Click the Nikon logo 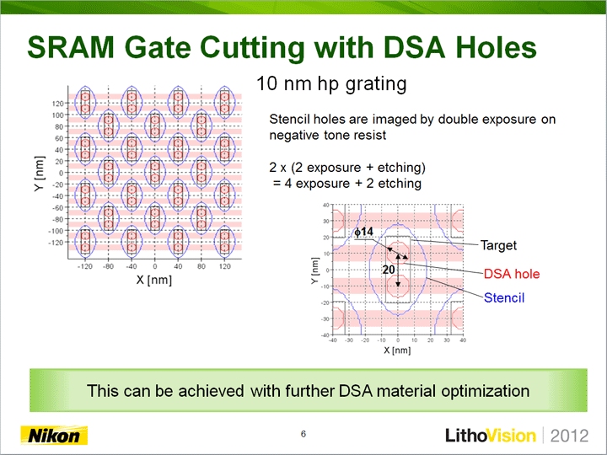click(54, 436)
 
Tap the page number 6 click(303, 434)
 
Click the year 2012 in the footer click(569, 436)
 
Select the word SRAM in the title click(71, 47)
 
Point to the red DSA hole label click(512, 274)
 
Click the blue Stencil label click(504, 298)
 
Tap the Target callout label click(498, 245)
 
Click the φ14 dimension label click(364, 232)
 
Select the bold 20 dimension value click(389, 270)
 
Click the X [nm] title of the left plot click(154, 280)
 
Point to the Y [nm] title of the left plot click(40, 174)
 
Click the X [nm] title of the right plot click(397, 351)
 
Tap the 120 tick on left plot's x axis click(224, 266)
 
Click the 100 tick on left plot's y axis click(57, 115)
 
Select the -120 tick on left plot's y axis click(56, 243)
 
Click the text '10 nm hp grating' click(331, 84)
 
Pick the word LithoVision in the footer click(491, 436)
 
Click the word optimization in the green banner click(486, 391)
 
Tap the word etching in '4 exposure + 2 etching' click(400, 183)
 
